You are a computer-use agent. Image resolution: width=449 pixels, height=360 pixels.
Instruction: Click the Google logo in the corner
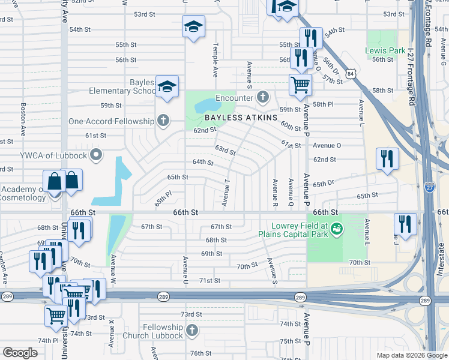pos(20,353)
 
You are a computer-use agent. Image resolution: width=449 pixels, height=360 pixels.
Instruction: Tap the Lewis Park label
pos(385,51)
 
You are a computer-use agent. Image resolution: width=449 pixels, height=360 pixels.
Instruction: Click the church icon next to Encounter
pos(262,97)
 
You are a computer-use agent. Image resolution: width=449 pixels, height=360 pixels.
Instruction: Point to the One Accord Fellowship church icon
pos(162,121)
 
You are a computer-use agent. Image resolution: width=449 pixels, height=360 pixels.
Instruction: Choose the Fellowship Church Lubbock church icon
pos(191,331)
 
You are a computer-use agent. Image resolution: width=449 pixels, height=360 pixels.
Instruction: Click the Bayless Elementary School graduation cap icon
pos(167,86)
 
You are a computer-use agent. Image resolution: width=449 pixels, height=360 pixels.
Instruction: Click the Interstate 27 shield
pos(429,187)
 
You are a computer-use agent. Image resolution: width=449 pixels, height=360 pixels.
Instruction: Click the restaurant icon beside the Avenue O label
pos(387,158)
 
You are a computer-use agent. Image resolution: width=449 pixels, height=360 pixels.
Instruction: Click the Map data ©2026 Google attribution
pos(411,355)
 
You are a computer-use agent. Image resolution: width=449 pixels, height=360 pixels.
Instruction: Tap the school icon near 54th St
pos(193,27)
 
